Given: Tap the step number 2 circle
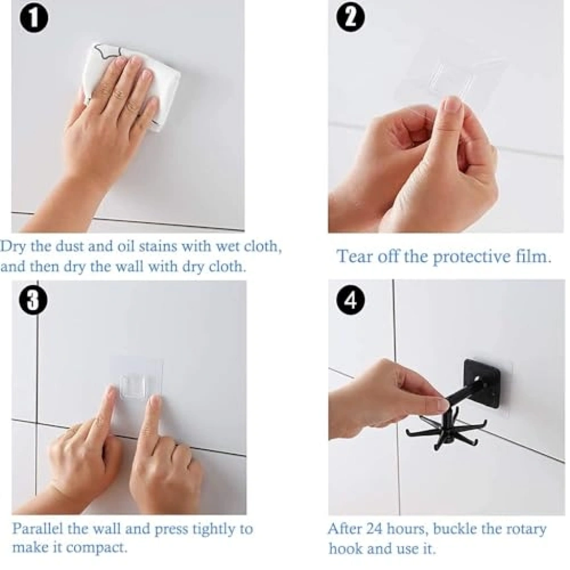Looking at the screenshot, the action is click(x=351, y=18).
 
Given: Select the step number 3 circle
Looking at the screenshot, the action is click(x=33, y=301).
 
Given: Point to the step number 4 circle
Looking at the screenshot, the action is click(x=351, y=301).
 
